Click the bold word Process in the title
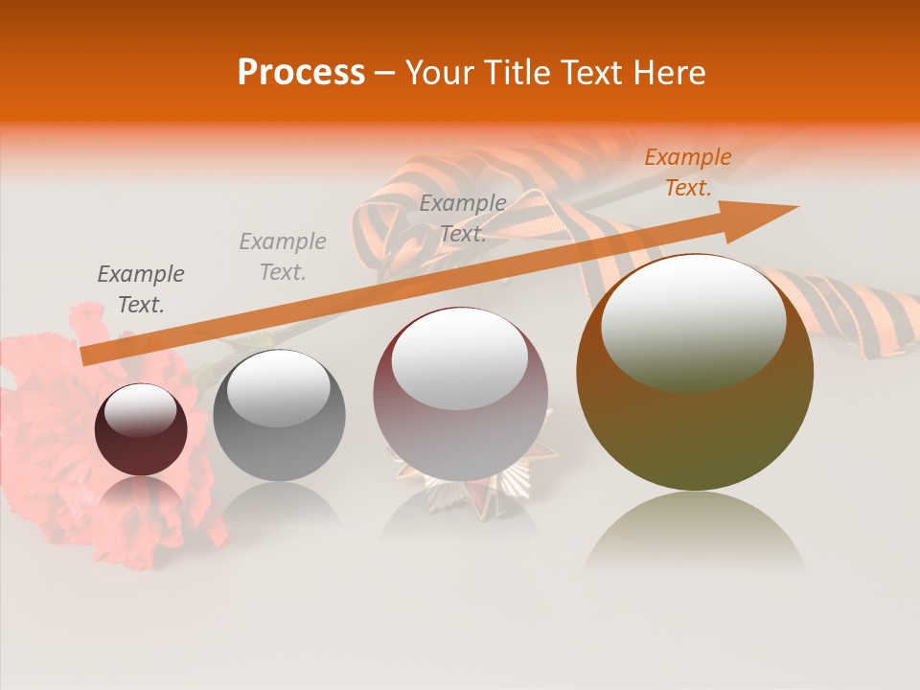pos(301,73)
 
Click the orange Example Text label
pos(687,172)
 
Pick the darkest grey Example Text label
pos(141,289)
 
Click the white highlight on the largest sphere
pos(693,321)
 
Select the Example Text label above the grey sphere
pos(282,257)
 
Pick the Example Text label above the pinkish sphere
pos(463,218)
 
